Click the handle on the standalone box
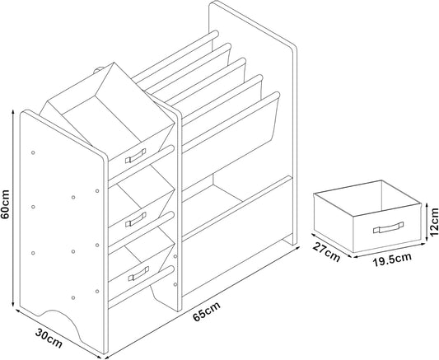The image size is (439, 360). (386, 227)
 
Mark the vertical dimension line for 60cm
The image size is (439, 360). (14, 214)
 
